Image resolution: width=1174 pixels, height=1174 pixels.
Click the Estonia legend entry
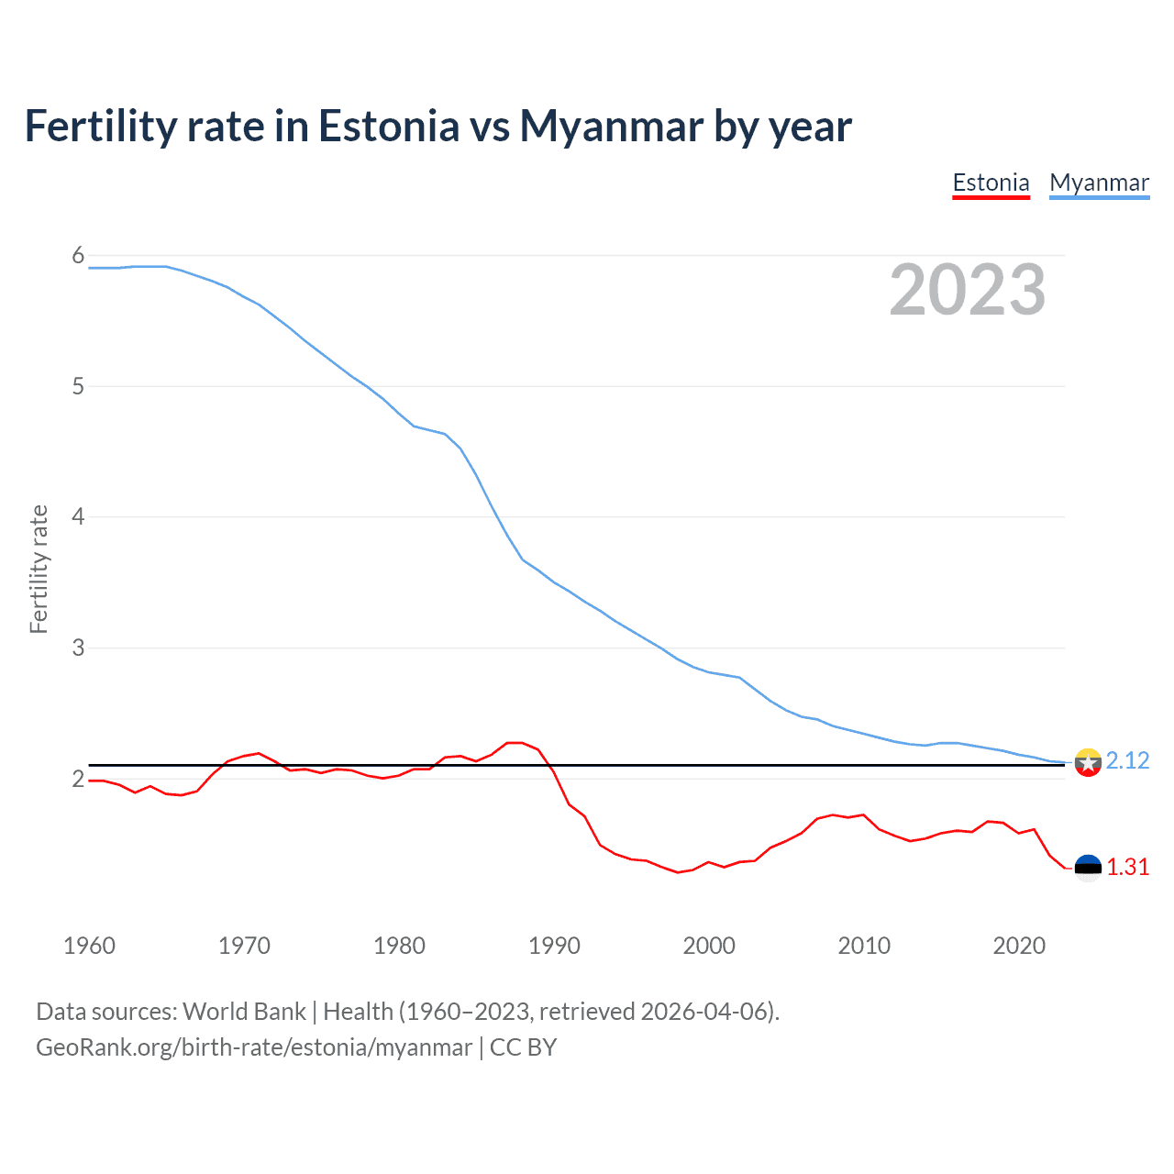coord(991,183)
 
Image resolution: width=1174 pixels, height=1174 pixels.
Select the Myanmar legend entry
coord(1099,183)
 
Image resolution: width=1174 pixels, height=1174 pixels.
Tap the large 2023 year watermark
coord(968,290)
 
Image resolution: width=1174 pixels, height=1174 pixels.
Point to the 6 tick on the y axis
coord(78,256)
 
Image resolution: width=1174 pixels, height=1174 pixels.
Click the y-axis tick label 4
coord(78,517)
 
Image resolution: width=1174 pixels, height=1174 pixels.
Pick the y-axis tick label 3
coord(78,648)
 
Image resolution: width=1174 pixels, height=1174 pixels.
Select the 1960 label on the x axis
coord(89,946)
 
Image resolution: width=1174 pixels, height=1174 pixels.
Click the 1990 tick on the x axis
coord(554,946)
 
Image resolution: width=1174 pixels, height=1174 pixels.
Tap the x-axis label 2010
coord(864,946)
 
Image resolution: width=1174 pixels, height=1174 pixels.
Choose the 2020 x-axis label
coord(1019,946)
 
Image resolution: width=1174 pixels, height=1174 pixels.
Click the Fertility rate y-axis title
coord(39,569)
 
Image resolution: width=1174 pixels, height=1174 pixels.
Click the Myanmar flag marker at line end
coord(1088,762)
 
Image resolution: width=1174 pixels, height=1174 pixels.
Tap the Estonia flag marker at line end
coord(1088,868)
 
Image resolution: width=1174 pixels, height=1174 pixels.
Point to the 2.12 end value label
coord(1127,761)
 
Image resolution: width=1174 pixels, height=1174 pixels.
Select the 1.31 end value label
coord(1127,868)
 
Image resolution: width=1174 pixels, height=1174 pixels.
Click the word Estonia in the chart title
coord(388,126)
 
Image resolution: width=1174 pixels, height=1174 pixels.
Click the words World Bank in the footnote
coord(244,1012)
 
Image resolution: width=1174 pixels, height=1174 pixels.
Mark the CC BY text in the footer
coord(523,1047)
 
